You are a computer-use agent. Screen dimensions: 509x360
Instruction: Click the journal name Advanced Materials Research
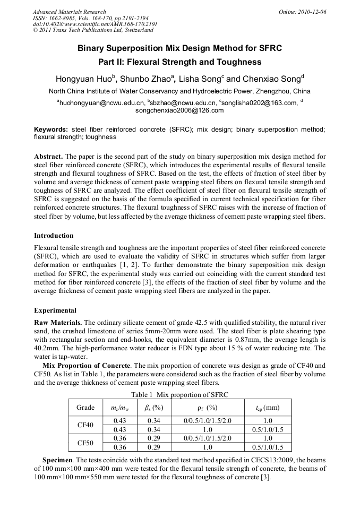click(x=69, y=12)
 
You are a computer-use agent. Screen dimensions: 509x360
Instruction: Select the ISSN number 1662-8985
click(x=64, y=18)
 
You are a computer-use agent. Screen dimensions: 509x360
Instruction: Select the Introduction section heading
click(x=54, y=235)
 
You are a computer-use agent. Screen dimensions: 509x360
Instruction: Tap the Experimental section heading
click(x=55, y=310)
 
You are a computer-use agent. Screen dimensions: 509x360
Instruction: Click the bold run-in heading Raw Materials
click(x=58, y=322)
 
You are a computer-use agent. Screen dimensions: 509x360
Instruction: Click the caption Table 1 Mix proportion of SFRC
click(x=179, y=394)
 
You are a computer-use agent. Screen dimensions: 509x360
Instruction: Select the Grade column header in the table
click(x=85, y=408)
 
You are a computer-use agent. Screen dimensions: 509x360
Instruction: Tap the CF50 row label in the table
click(x=85, y=442)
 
